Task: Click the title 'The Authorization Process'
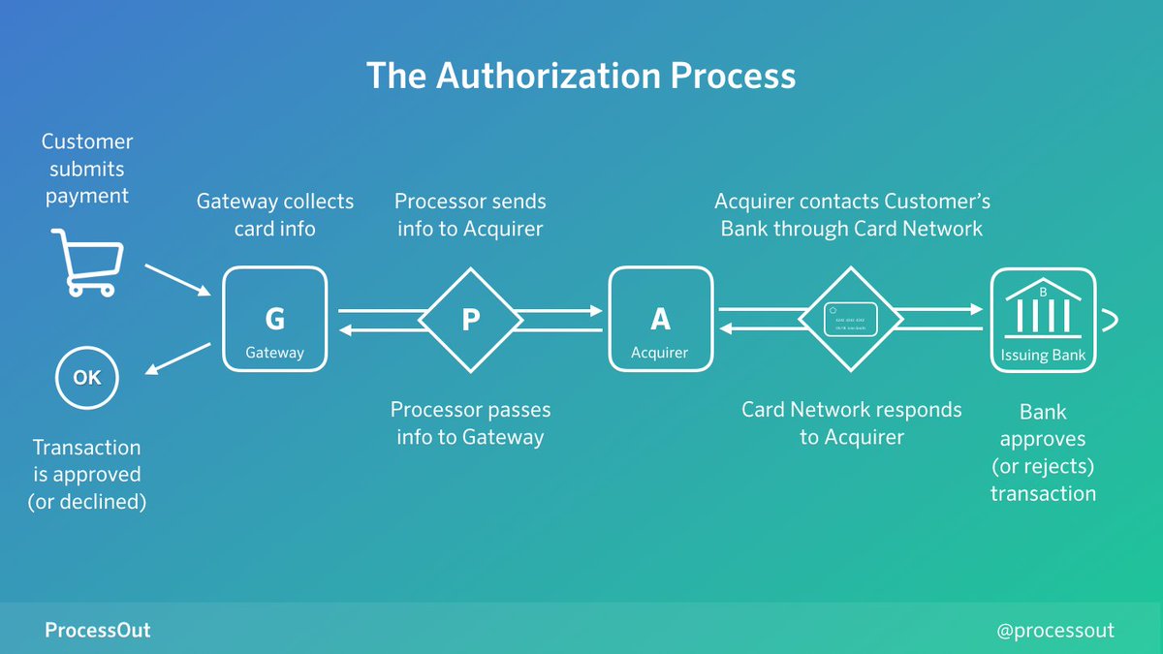tap(581, 76)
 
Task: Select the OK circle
tap(87, 378)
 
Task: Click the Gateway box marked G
tap(275, 320)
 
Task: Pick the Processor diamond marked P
tap(471, 320)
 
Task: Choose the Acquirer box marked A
tap(660, 320)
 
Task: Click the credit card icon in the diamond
tap(851, 320)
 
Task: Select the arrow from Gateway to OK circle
tap(178, 358)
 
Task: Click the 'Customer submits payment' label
tap(87, 169)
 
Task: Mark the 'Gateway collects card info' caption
tap(275, 215)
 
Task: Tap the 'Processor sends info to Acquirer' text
tap(470, 215)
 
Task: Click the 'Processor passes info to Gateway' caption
tap(470, 422)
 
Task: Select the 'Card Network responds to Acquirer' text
tap(852, 422)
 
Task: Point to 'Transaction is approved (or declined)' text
tap(87, 475)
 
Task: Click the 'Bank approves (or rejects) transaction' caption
tap(1043, 452)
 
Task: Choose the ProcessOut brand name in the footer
tap(98, 631)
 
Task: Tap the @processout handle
tap(1055, 631)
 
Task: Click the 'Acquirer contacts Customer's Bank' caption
tap(852, 215)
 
